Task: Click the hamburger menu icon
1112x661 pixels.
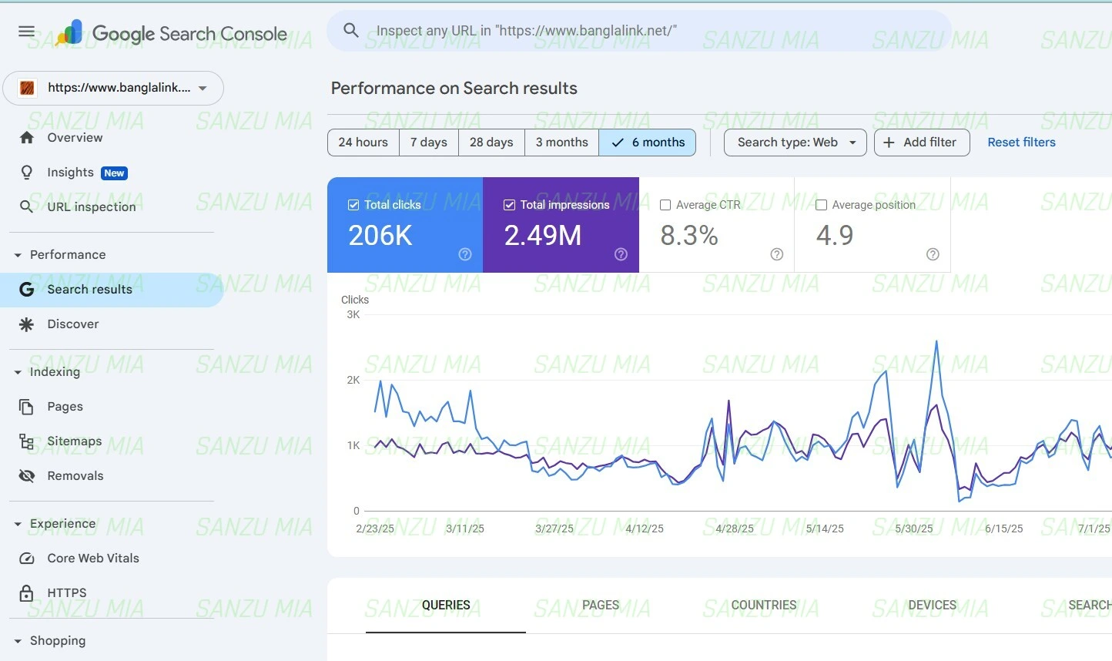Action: (x=26, y=32)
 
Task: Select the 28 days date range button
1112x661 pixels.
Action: (x=491, y=143)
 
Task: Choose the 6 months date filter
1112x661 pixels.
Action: (x=648, y=143)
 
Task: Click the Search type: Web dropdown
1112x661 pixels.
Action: (x=795, y=143)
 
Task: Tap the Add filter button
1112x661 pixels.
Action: (x=921, y=143)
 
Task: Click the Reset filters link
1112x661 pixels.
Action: (x=1021, y=143)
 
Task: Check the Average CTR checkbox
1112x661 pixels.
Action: (x=666, y=205)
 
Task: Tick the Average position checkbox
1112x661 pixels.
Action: (x=822, y=205)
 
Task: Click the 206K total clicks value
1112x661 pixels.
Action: (x=380, y=236)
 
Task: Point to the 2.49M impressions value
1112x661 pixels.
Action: (x=543, y=236)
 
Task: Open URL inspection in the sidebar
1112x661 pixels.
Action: (x=91, y=206)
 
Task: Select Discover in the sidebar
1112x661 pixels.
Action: (x=73, y=324)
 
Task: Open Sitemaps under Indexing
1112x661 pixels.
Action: (x=74, y=441)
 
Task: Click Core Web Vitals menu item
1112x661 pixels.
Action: (x=93, y=559)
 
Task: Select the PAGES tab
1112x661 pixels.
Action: (x=601, y=606)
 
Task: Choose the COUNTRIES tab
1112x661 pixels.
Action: (x=763, y=606)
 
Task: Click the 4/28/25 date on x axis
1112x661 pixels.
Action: (x=735, y=528)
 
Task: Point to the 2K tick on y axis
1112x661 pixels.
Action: (x=353, y=380)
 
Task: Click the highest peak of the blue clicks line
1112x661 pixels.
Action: (x=936, y=341)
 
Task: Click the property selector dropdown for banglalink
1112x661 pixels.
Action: (x=113, y=88)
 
